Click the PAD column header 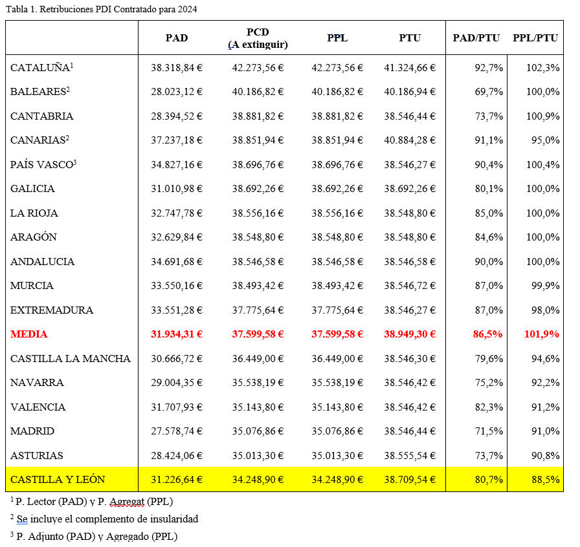[x=177, y=38]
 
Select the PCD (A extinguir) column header [x=258, y=38]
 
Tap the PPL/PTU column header [x=535, y=38]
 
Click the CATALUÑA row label [x=41, y=67]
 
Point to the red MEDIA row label [x=29, y=334]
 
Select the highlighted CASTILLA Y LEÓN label [x=58, y=479]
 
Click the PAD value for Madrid [x=177, y=431]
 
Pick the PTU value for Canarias [x=410, y=140]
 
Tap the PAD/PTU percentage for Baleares [x=489, y=92]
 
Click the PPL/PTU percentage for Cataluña [x=542, y=68]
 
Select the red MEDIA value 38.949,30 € [x=410, y=334]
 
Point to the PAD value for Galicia [x=177, y=189]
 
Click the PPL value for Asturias [x=337, y=455]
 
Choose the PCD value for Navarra [x=258, y=383]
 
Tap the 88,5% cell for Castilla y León [x=545, y=479]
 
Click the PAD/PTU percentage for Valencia [x=489, y=407]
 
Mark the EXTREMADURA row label [x=52, y=310]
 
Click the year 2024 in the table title [x=187, y=9]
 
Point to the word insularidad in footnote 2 [x=175, y=519]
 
